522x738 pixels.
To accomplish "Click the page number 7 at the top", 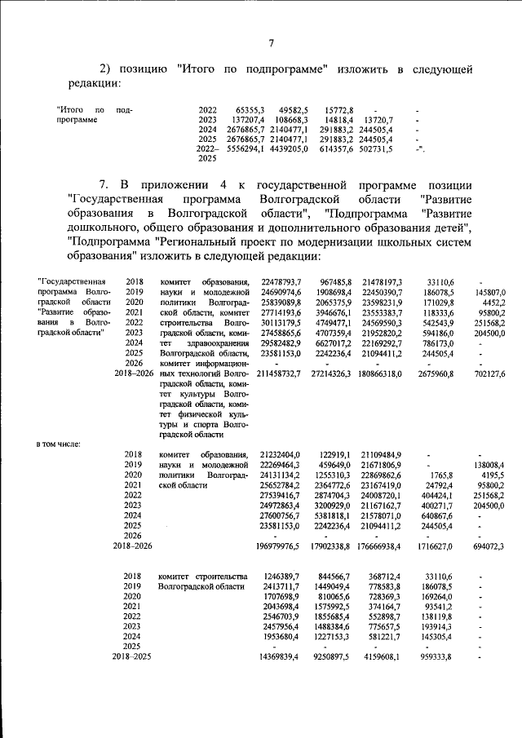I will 272,43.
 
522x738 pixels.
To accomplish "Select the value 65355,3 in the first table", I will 251,109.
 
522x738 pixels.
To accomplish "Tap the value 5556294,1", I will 245,149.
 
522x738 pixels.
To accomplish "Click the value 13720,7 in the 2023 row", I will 378,119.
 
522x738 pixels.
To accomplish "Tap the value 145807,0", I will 490,292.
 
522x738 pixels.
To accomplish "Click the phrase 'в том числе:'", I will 62,444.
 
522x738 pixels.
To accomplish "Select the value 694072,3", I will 490,545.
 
